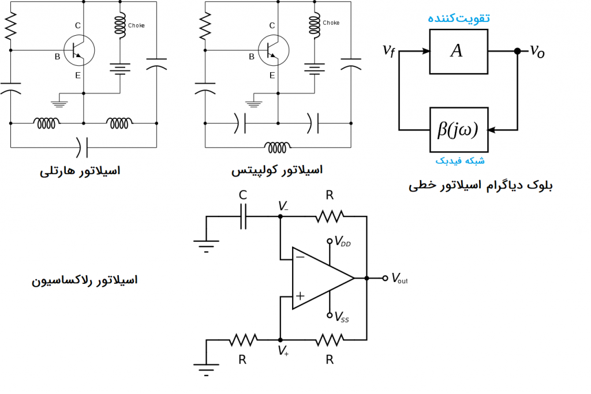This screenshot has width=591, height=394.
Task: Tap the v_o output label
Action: [x=537, y=52]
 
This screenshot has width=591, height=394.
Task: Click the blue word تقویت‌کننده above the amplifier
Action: [x=458, y=18]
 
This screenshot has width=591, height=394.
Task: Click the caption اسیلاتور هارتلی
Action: [x=80, y=171]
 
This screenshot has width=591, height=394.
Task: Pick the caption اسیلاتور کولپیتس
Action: [x=277, y=170]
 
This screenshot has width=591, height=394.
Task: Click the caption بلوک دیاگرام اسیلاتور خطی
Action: [x=480, y=186]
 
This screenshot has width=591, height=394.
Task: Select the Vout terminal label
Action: [x=399, y=279]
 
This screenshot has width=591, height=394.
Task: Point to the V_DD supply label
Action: [x=342, y=243]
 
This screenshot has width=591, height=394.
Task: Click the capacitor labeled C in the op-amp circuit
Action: [x=244, y=216]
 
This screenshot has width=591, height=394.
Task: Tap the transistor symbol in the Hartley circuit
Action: [x=77, y=50]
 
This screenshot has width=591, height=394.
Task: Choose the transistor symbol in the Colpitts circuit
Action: [x=272, y=50]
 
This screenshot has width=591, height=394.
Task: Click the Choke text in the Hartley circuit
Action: [x=137, y=25]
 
